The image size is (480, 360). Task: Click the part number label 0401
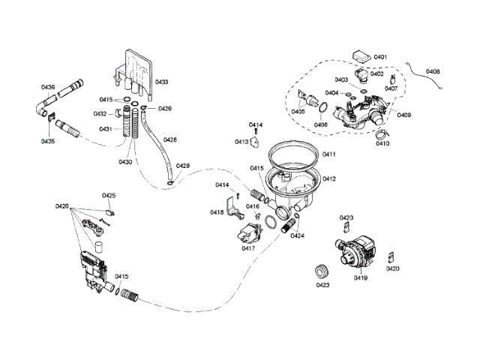(x=380, y=58)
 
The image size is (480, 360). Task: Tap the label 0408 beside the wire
(x=433, y=72)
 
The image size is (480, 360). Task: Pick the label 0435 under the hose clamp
(x=48, y=141)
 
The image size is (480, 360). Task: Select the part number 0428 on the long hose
(x=170, y=139)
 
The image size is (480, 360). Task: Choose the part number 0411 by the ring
(x=328, y=154)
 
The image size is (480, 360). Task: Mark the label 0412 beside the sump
(x=328, y=178)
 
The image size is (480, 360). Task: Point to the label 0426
(x=61, y=206)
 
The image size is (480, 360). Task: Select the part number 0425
(x=109, y=196)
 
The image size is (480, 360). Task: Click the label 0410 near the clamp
(x=383, y=143)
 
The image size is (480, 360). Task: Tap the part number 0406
(x=321, y=124)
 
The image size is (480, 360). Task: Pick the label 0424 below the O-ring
(x=298, y=235)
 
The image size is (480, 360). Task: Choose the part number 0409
(x=403, y=115)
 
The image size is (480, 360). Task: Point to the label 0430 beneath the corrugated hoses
(x=124, y=162)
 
